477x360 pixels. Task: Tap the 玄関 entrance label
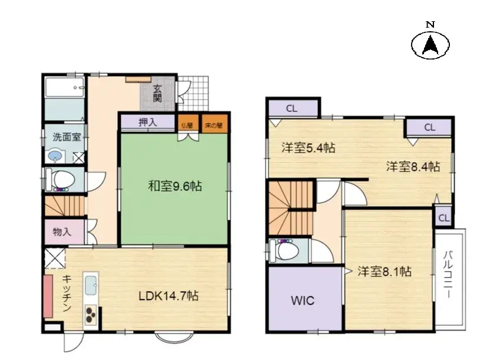point(157,94)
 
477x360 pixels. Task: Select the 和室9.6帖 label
point(174,187)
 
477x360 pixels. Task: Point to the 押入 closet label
point(148,123)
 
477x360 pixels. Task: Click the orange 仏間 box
point(187,125)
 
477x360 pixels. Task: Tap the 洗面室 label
point(66,137)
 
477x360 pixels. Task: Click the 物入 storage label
point(62,232)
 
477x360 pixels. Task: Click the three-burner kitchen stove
point(92,316)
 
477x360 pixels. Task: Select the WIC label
point(303,300)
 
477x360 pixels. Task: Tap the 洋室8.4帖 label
point(413,166)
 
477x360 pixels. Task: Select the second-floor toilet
point(287,251)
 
